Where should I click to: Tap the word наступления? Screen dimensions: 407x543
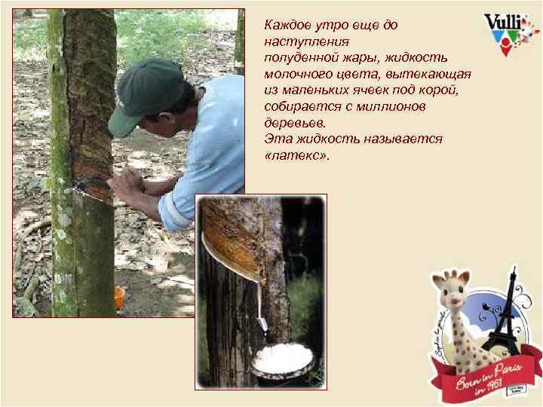tap(299, 41)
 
